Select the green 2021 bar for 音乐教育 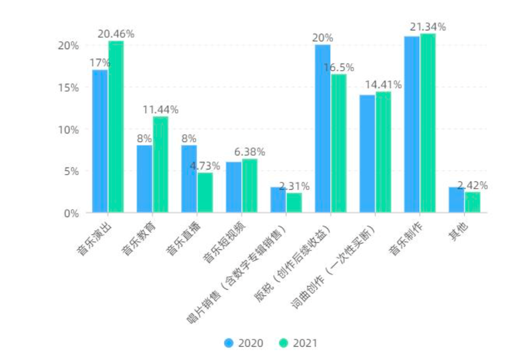161,165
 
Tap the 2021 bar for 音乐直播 205,193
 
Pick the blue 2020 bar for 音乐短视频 234,187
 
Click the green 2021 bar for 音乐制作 428,123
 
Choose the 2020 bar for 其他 456,200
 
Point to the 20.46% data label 116,34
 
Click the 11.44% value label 160,110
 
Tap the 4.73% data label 205,166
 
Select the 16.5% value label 338,68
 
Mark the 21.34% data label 428,27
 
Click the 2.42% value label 472,185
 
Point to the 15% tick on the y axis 68,88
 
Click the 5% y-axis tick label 71,171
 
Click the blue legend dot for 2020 229,343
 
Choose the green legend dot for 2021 284,343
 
